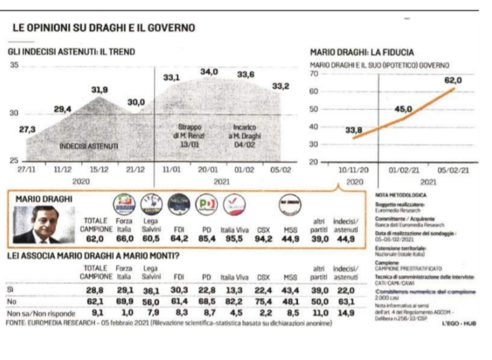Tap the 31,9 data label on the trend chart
click(100, 90)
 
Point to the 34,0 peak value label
click(209, 72)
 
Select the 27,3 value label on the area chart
click(27, 129)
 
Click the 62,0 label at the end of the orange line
click(453, 80)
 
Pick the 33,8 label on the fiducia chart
click(354, 130)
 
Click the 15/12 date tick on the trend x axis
click(100, 170)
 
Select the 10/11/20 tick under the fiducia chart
click(354, 170)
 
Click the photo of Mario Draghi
click(36, 225)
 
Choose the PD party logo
click(207, 204)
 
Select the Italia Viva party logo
click(234, 204)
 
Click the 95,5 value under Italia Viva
click(234, 240)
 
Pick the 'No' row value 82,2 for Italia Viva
click(234, 301)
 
